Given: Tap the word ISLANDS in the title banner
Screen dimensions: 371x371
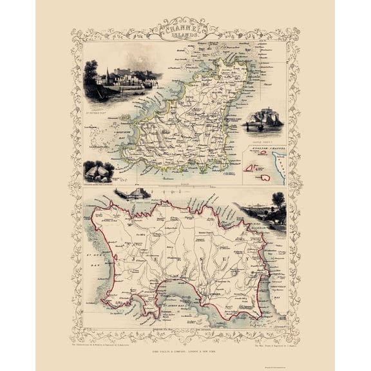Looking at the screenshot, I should click(185, 37).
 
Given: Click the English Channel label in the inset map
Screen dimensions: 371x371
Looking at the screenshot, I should click(268, 147).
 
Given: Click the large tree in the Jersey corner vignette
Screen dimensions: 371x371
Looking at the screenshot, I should click(278, 202).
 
